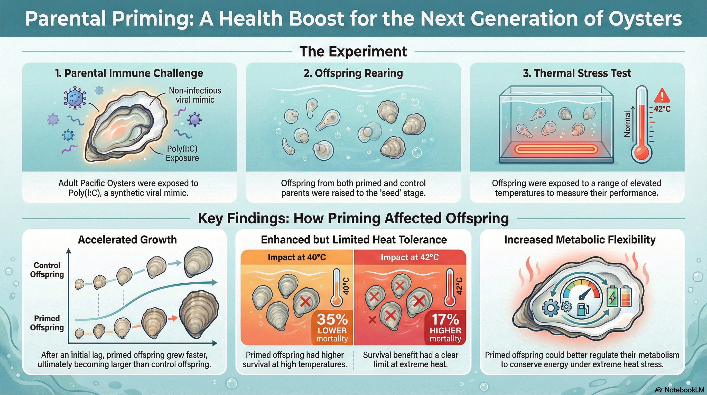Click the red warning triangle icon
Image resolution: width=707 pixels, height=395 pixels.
pos(662,96)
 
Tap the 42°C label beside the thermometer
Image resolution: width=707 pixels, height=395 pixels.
pos(662,109)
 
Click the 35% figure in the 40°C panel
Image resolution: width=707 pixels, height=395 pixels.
pos(332,319)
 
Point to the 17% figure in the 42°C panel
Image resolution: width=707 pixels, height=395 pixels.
pos(445,319)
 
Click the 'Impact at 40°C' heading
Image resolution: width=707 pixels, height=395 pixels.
pos(297,257)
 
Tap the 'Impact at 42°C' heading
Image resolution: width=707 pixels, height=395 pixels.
pos(410,257)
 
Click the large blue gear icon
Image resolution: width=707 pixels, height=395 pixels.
pos(551,308)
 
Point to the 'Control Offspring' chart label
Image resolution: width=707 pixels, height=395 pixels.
pos(47,270)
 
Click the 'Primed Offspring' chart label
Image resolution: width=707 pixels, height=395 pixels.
pos(47,323)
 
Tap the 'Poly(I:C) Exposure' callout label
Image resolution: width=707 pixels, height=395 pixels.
pos(182,153)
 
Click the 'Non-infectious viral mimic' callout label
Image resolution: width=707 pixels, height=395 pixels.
pos(195,95)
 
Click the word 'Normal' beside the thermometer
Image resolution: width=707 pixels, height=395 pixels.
pos(627,124)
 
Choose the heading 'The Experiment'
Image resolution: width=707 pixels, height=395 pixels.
pos(353,51)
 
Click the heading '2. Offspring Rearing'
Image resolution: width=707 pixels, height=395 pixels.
pos(353,73)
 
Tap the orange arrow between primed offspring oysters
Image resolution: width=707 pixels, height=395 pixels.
pos(173,318)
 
